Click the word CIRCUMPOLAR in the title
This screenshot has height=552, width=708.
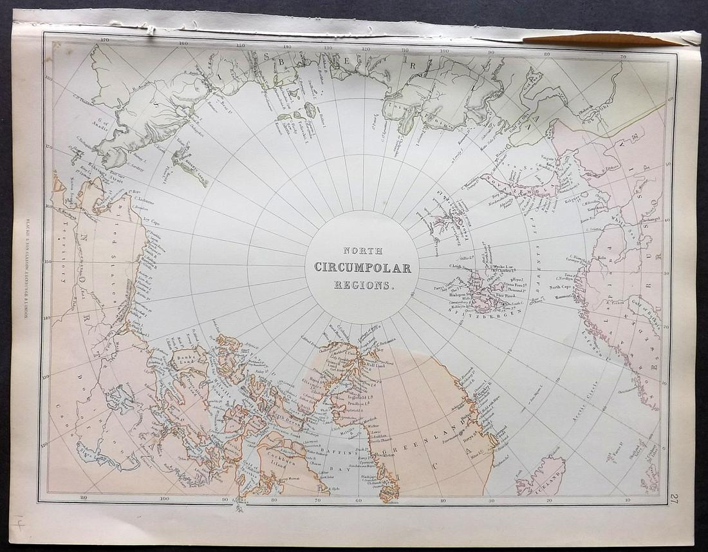point(362,267)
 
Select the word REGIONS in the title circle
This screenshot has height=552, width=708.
point(362,284)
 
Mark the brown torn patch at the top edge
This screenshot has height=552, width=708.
point(599,39)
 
